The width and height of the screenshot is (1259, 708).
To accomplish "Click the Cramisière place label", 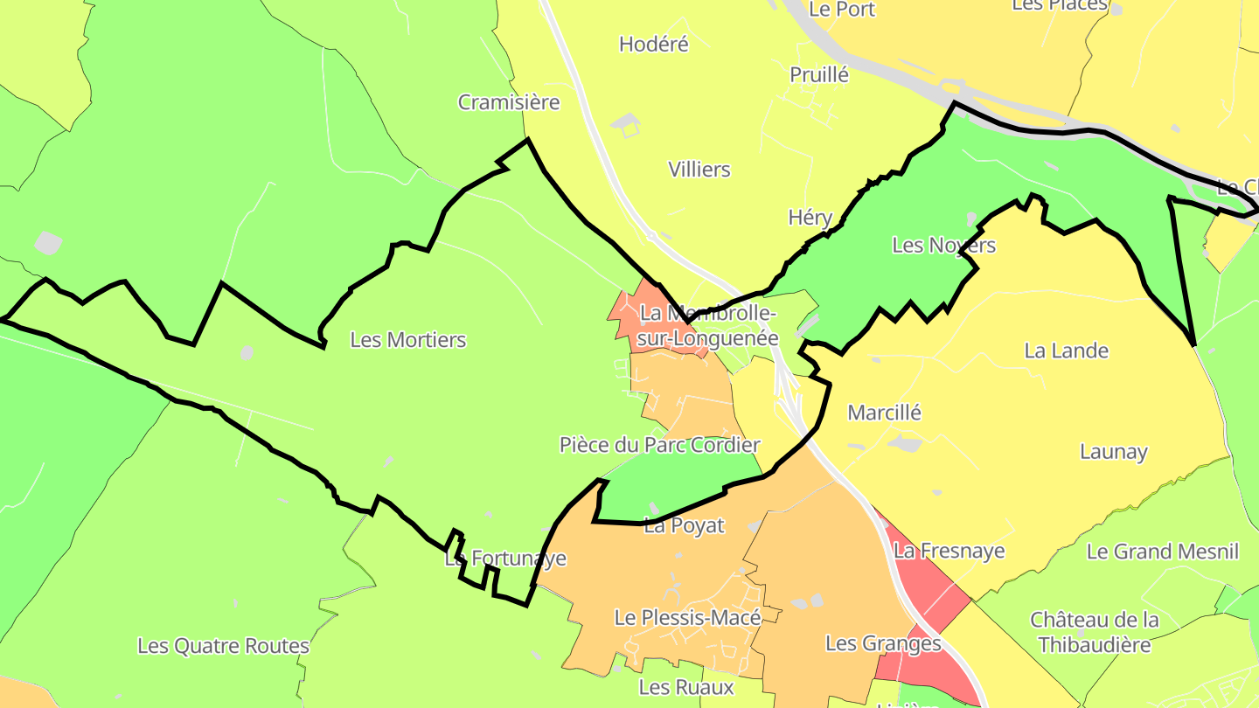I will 509,102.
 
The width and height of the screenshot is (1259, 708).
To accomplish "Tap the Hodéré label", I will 654,44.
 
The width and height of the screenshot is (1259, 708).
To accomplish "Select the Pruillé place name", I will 819,74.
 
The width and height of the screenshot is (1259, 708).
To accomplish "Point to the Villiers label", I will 699,169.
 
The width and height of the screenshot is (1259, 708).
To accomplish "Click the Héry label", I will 810,217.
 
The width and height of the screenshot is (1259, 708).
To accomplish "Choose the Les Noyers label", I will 943,245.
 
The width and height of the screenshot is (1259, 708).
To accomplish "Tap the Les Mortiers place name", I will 408,339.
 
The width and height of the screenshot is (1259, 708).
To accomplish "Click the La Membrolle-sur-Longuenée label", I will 708,325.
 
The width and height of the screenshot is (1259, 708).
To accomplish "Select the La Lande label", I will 1066,351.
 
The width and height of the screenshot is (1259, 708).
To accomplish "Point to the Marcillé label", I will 885,412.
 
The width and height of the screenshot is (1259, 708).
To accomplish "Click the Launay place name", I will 1113,451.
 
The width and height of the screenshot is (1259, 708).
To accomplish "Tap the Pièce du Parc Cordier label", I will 660,444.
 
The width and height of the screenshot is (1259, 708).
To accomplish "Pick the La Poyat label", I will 685,525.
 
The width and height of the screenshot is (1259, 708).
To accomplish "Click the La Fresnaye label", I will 949,551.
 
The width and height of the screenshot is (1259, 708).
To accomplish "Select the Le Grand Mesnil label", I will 1163,552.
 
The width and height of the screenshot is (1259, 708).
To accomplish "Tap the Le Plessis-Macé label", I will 687,617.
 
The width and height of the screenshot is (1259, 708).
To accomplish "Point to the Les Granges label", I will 883,643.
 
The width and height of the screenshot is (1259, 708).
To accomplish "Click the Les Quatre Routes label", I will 224,646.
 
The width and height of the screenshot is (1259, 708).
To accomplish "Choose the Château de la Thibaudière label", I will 1095,632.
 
